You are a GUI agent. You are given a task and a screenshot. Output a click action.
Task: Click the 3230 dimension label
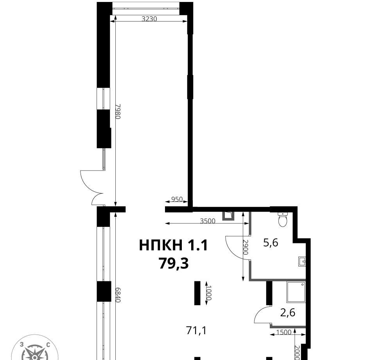pos(149,19)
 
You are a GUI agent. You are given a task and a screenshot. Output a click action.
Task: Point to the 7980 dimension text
pos(118,111)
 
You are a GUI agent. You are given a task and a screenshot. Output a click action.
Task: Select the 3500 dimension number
pos(208,221)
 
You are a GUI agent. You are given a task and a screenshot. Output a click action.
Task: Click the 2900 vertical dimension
pos(246,247)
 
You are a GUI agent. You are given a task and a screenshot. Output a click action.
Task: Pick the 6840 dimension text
pos(118,295)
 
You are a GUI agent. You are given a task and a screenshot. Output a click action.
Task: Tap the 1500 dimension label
pos(284,332)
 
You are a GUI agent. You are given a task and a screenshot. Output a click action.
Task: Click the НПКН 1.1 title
pos(173,245)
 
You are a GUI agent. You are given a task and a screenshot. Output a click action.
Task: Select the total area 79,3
pos(174,263)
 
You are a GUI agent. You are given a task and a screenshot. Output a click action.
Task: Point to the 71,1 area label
pos(197,331)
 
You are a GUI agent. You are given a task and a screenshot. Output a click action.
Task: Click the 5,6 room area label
pos(271,243)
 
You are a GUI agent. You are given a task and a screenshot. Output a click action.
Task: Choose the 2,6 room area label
pos(288,312)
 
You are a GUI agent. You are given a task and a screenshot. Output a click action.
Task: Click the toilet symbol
pos(283,219)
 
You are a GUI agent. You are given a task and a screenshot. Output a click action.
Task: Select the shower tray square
pos(296,292)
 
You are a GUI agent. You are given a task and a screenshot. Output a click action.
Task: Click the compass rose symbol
pos(35,349)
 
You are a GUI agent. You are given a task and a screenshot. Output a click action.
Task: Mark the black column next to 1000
pos(197,293)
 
